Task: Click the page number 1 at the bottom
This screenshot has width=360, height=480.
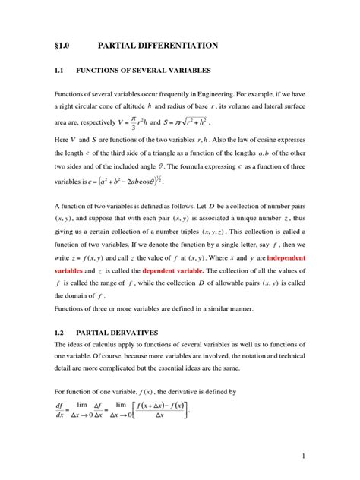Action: pos(302,456)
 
